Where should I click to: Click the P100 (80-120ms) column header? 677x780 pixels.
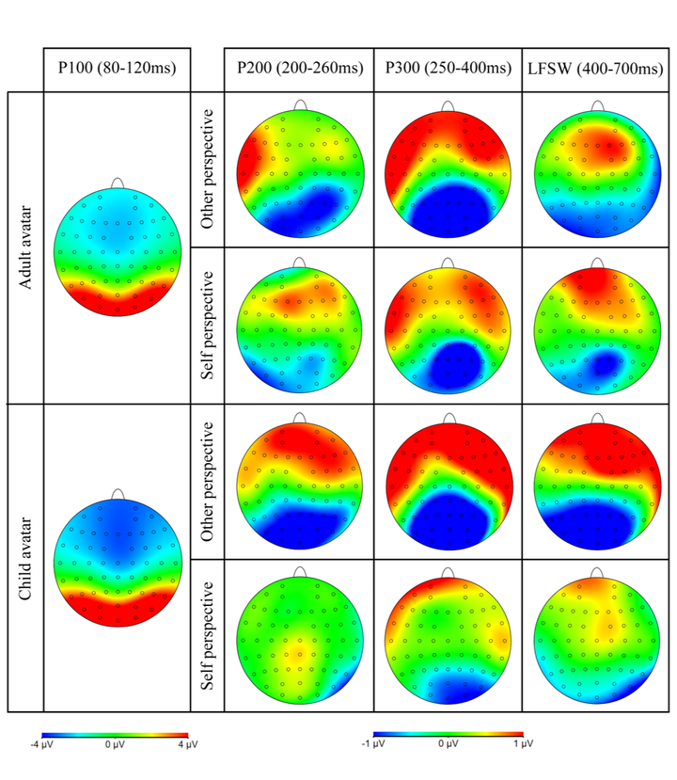tap(117, 69)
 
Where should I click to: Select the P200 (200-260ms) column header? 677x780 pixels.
tap(298, 69)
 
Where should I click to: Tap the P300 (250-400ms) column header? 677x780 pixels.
tap(448, 69)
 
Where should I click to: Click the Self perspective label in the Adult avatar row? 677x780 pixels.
tap(209, 326)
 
